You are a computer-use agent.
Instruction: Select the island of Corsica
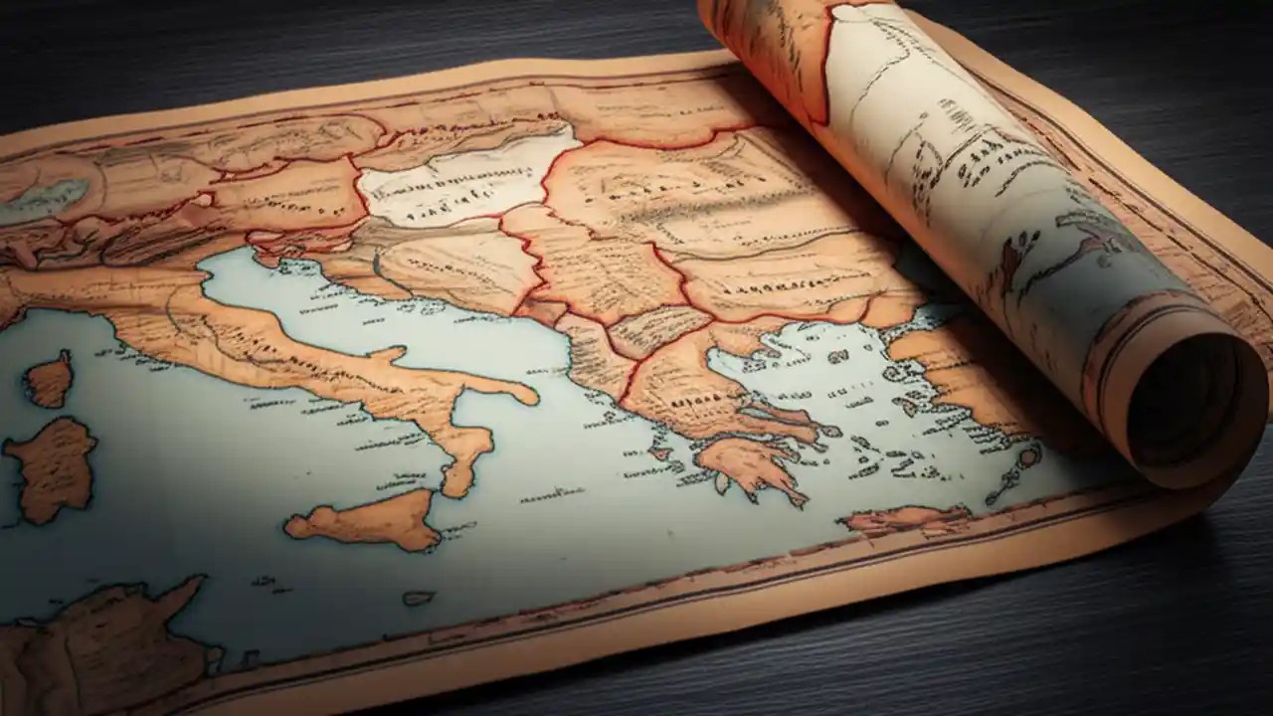tap(50, 379)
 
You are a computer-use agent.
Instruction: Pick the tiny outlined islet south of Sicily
tap(419, 598)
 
